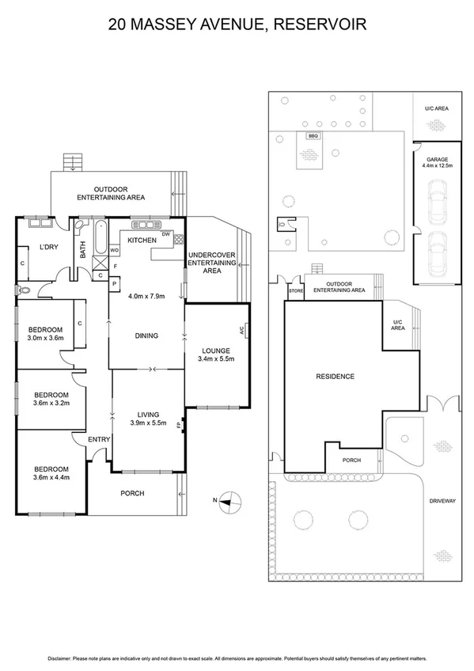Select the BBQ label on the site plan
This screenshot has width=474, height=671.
tap(312, 135)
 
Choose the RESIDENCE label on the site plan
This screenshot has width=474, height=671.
tap(335, 377)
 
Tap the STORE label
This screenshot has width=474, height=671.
tap(295, 291)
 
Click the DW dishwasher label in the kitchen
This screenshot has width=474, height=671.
tap(165, 234)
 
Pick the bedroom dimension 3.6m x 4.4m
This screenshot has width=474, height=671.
tap(51, 476)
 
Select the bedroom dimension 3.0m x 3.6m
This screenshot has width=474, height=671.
tap(45, 338)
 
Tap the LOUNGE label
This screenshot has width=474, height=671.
tap(215, 351)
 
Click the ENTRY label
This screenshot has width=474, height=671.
tap(99, 440)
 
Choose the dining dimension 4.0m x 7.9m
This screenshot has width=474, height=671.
tap(146, 297)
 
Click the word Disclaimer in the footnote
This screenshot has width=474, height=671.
tap(63, 658)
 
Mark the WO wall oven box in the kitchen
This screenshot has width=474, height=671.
tap(114, 251)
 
